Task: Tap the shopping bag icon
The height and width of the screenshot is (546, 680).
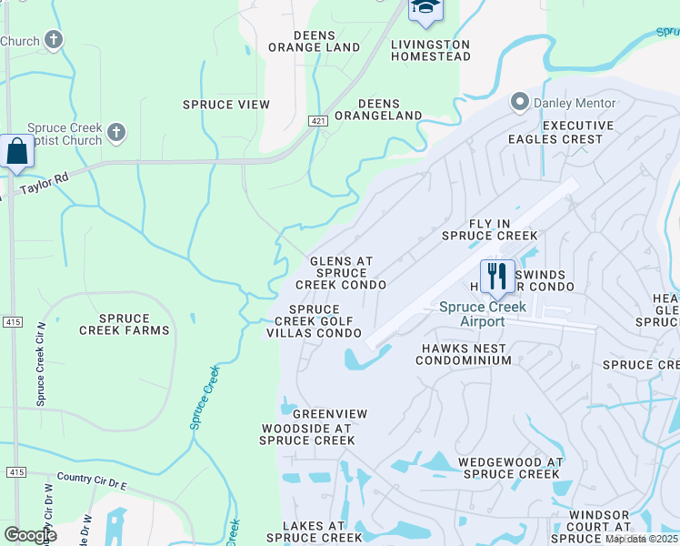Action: click(17, 152)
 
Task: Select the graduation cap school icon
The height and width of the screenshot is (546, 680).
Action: click(424, 9)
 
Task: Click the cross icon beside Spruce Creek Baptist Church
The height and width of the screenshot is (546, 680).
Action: click(115, 134)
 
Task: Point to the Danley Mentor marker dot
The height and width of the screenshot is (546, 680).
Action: click(520, 102)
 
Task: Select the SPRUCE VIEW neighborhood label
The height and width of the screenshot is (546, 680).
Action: click(226, 105)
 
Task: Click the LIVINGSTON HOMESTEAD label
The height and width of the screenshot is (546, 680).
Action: click(431, 50)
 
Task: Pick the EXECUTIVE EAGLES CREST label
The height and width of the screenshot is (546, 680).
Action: click(568, 133)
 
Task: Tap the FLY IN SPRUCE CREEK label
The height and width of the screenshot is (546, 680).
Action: click(490, 229)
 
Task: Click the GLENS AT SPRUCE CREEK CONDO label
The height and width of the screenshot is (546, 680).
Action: click(341, 273)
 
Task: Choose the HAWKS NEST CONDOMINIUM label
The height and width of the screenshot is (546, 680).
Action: click(464, 354)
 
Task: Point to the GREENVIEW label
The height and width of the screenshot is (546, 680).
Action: click(330, 414)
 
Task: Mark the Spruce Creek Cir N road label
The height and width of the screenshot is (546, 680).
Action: click(40, 363)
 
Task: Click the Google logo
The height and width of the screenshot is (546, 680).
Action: click(30, 534)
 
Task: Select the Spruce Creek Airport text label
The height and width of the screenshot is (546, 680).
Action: click(483, 314)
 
